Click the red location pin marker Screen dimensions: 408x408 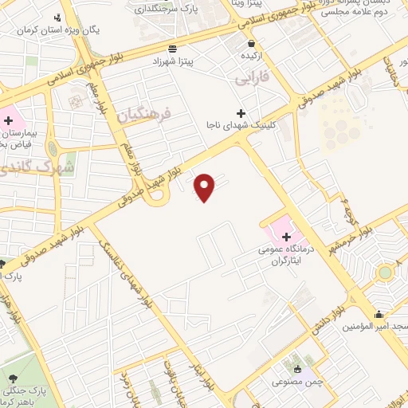(x=206, y=187)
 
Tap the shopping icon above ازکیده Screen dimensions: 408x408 (x=252, y=44)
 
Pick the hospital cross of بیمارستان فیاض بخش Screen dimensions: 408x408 (x=8, y=120)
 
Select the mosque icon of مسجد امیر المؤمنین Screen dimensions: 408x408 (x=379, y=314)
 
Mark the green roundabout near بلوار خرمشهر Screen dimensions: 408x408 (x=386, y=273)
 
